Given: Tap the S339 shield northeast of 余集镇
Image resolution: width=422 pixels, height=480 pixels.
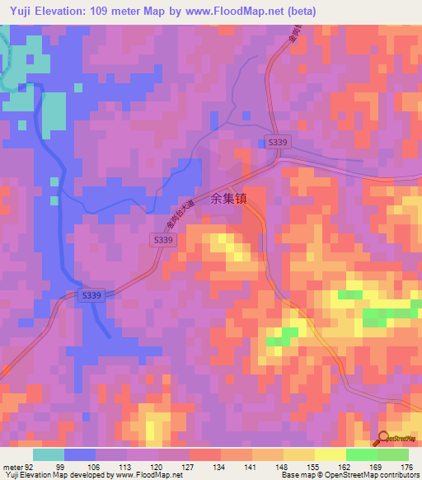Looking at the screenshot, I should [x=278, y=142].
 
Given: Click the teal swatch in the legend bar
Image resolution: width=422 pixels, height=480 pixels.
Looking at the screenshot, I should [x=49, y=454].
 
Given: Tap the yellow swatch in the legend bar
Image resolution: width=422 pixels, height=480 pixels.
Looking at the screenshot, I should [x=330, y=454].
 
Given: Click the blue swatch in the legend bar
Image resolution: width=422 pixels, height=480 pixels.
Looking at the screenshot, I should [x=80, y=454].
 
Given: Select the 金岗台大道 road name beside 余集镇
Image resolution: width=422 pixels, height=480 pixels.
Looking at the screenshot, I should [x=173, y=218].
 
